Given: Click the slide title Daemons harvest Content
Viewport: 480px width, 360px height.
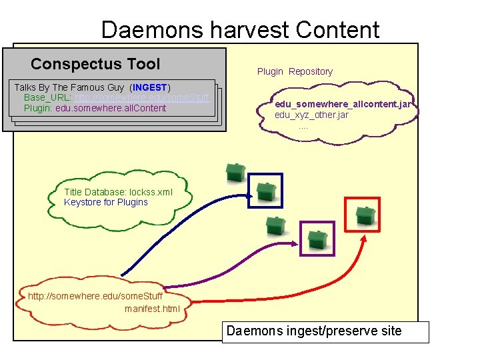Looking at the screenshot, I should pyautogui.click(x=240, y=29).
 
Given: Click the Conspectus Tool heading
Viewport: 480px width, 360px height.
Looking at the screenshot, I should pyautogui.click(x=95, y=64).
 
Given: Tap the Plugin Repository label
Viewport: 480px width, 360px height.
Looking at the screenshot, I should pyautogui.click(x=295, y=71).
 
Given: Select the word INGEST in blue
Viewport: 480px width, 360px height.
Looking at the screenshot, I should pyautogui.click(x=151, y=87).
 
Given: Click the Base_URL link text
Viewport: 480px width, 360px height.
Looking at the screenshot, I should pyautogui.click(x=142, y=97).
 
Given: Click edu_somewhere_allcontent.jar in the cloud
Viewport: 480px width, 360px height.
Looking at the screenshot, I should pyautogui.click(x=346, y=105).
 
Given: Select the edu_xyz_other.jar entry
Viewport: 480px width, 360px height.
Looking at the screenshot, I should pyautogui.click(x=311, y=115).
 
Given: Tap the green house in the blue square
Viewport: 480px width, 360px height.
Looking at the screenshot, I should pyautogui.click(x=267, y=191).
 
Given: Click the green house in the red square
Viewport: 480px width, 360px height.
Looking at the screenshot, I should pyautogui.click(x=363, y=215).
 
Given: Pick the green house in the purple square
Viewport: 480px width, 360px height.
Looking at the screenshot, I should pyautogui.click(x=317, y=239).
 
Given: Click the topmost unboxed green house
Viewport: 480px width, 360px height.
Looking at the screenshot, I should pyautogui.click(x=235, y=172).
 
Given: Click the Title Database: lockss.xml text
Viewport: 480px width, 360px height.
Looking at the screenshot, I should pyautogui.click(x=118, y=192).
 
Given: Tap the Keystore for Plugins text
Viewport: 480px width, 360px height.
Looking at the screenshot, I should pyautogui.click(x=106, y=202).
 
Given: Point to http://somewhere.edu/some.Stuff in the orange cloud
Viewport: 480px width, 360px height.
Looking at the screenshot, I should pyautogui.click(x=95, y=296).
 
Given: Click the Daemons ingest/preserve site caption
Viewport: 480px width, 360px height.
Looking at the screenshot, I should pyautogui.click(x=314, y=331).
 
